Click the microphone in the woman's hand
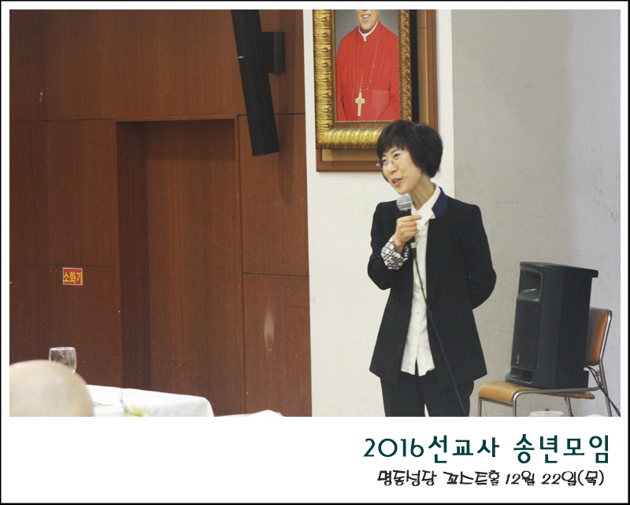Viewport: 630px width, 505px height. [406, 213]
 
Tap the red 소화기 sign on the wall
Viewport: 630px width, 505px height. [72, 277]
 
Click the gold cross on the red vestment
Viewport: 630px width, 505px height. [360, 103]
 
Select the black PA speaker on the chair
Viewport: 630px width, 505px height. [551, 325]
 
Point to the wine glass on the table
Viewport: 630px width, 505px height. [63, 358]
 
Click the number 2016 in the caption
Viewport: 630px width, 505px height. [395, 448]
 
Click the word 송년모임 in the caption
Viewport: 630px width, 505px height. [561, 449]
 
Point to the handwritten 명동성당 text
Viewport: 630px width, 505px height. [406, 478]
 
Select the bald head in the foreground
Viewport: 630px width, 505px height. [50, 388]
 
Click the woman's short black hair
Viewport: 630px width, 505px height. [410, 146]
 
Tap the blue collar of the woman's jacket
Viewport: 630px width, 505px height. [441, 203]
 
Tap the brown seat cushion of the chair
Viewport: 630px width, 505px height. [506, 389]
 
